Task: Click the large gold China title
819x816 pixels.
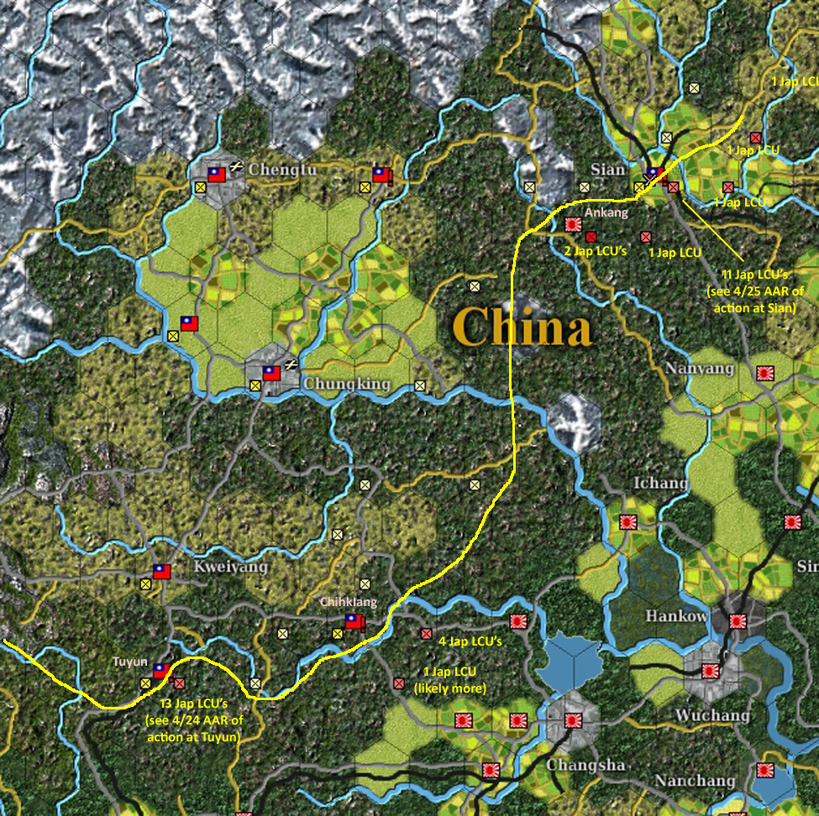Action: tap(522, 327)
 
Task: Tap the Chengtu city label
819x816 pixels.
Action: tap(282, 170)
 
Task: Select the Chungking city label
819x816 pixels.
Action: tap(346, 384)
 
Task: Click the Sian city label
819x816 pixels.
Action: tap(608, 170)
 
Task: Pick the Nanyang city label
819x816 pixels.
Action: tap(699, 369)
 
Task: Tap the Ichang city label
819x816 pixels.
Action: tap(660, 484)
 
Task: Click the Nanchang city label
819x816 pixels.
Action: tap(696, 781)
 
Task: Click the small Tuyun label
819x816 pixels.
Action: tap(130, 662)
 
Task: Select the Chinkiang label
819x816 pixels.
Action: tap(349, 602)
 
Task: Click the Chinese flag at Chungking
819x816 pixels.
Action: tap(271, 373)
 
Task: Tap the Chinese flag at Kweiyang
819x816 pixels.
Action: tap(162, 572)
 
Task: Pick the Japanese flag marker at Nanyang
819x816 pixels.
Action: tap(765, 374)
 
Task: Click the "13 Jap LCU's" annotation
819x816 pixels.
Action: tap(198, 703)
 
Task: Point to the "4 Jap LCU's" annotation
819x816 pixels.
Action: tap(470, 641)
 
